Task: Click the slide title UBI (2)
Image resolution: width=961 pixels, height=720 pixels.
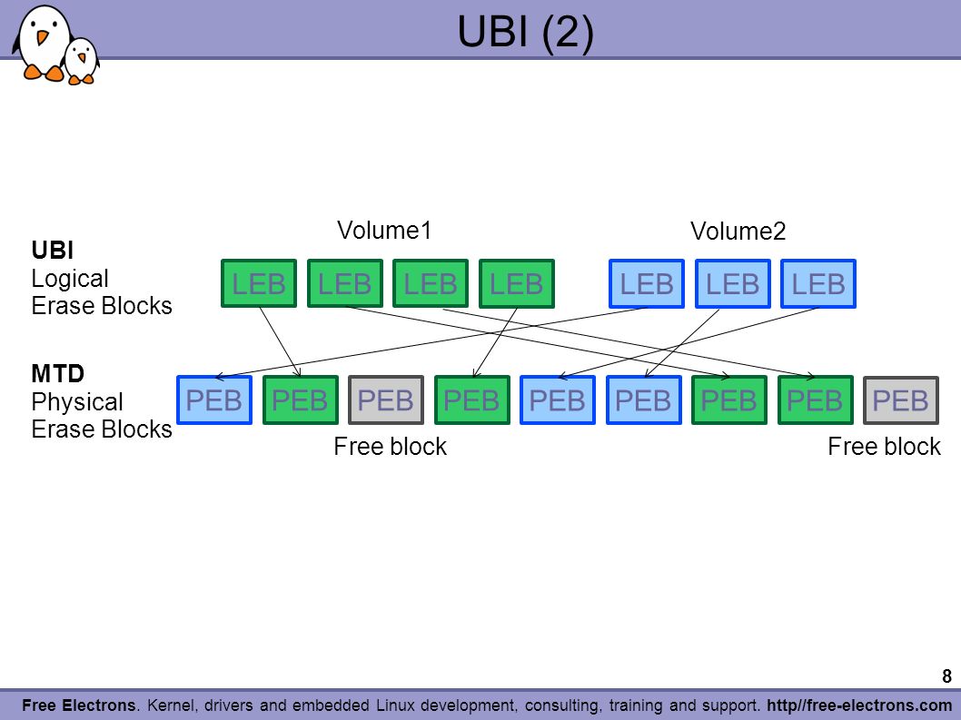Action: (x=526, y=31)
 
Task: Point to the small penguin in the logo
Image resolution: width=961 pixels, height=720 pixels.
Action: (x=82, y=61)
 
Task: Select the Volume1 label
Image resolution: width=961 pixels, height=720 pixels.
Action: (x=384, y=231)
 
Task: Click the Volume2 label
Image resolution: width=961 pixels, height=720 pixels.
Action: (x=738, y=231)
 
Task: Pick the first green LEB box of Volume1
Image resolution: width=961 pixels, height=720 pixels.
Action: (x=259, y=283)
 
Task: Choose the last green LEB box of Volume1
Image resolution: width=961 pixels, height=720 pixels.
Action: (x=517, y=283)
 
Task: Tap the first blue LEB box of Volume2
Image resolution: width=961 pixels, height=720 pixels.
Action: (x=647, y=283)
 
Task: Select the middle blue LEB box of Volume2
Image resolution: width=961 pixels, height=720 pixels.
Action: (x=732, y=283)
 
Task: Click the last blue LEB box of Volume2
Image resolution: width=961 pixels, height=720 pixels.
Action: (x=818, y=283)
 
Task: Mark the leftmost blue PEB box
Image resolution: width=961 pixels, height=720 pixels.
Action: (x=213, y=400)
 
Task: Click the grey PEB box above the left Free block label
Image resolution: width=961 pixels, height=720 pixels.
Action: (x=385, y=400)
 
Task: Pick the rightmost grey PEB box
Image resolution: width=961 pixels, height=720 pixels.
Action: (x=900, y=400)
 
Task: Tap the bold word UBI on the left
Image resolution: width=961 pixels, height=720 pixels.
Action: (x=53, y=251)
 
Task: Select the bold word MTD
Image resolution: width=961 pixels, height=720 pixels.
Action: (x=57, y=373)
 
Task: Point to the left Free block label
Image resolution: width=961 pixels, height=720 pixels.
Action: (x=390, y=446)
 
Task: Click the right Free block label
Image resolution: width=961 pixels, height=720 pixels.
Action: (x=884, y=446)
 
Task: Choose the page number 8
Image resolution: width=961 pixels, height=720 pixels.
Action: (x=946, y=676)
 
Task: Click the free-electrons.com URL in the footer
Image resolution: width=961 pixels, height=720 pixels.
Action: (x=859, y=705)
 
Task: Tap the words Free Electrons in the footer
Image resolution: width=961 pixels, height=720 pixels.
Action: (x=78, y=705)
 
